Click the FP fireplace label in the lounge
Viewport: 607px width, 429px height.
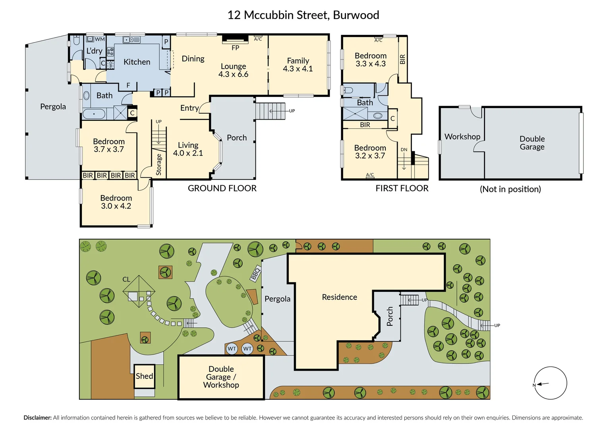point(235,48)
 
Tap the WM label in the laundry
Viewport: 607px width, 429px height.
point(100,39)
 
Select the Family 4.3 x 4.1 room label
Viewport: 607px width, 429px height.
point(298,64)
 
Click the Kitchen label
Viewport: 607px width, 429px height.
point(137,62)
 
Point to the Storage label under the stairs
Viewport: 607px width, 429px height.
point(159,164)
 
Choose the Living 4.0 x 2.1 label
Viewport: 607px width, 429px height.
point(188,149)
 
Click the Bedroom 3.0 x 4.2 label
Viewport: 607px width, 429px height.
point(116,202)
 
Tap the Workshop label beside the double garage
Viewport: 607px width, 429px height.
point(462,137)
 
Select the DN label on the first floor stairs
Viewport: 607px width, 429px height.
point(404,150)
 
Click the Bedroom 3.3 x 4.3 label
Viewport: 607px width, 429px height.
point(370,60)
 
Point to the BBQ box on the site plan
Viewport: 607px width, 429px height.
point(255,274)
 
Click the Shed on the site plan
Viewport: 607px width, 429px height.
point(145,376)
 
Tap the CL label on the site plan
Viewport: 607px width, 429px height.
point(126,279)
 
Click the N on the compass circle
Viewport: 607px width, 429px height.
point(534,385)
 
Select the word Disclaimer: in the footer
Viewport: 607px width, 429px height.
point(38,417)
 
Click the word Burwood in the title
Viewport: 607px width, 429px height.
point(356,15)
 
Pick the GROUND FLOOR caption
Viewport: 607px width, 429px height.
point(222,188)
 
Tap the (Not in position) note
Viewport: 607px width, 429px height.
point(510,189)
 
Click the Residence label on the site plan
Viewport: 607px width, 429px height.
point(340,297)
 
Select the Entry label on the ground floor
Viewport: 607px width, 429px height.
point(190,108)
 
